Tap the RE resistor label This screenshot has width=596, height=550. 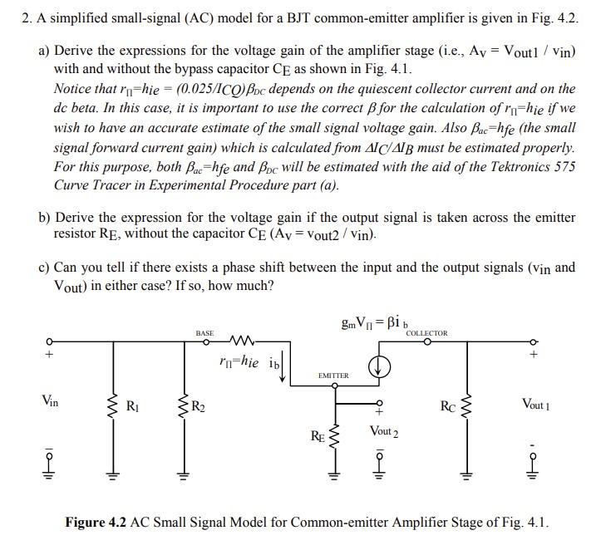(x=318, y=435)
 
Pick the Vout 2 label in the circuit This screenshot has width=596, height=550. (x=383, y=432)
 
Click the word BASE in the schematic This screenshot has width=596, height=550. (x=204, y=333)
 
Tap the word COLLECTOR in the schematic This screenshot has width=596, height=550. (x=426, y=333)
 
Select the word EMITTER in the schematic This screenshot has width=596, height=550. (x=333, y=376)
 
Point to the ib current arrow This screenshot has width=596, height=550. (x=283, y=366)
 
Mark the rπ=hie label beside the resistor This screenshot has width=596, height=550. (x=239, y=362)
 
